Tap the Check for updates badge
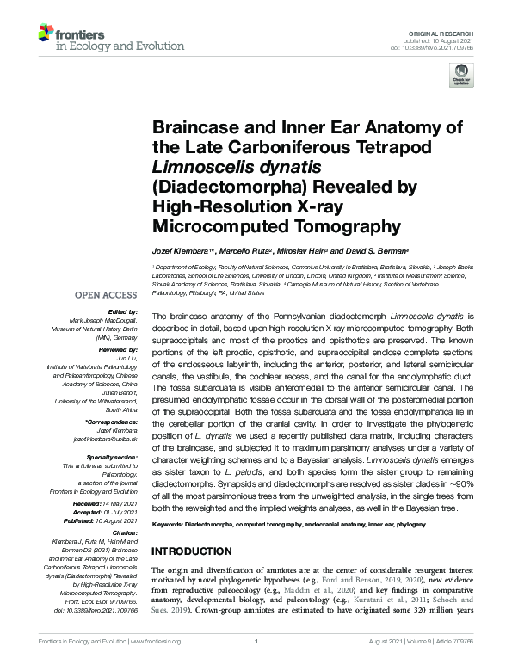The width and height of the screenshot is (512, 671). [x=462, y=77]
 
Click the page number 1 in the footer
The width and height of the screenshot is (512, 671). [x=256, y=642]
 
